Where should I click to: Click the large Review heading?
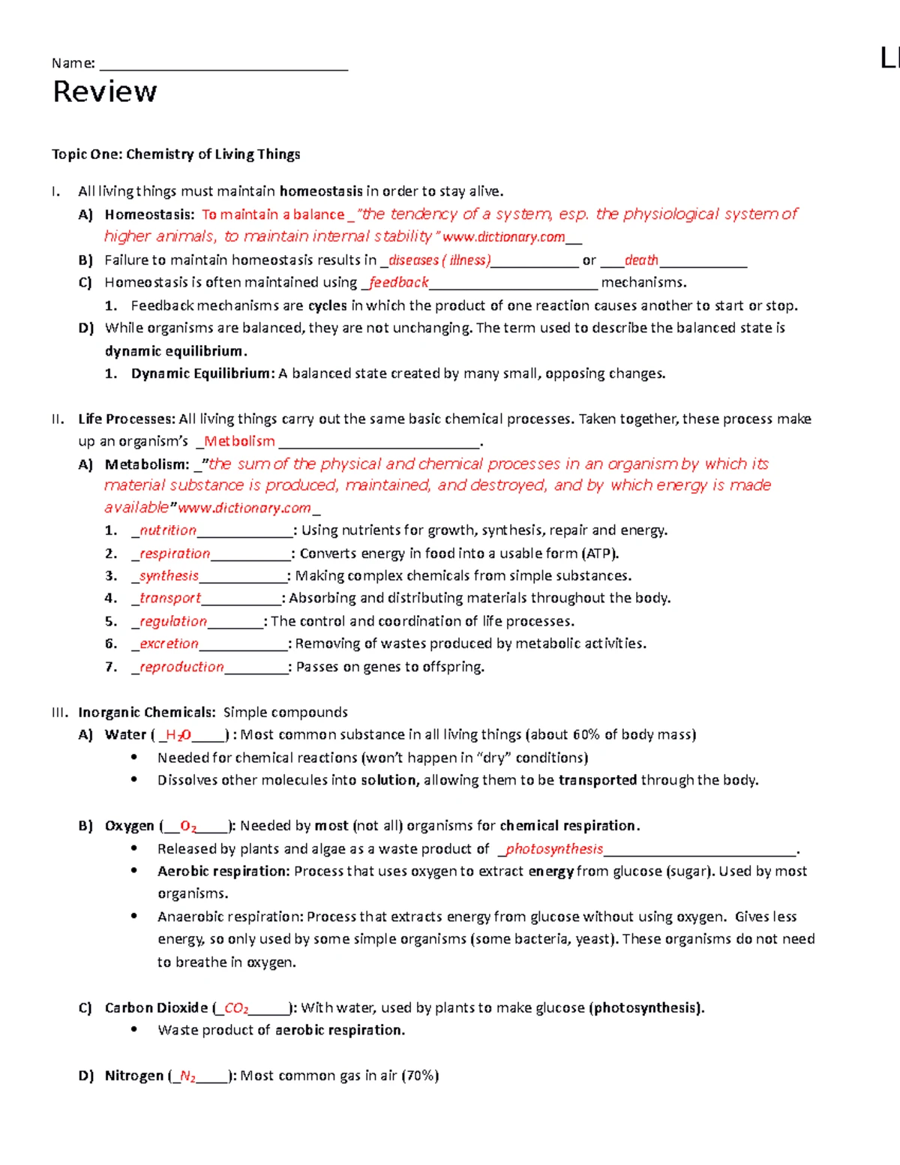(105, 92)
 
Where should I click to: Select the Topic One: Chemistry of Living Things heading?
(175, 155)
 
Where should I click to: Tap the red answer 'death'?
(641, 260)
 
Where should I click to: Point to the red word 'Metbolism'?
(239, 442)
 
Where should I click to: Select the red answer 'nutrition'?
(167, 530)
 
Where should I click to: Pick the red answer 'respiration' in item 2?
(174, 554)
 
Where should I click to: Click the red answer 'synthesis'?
(169, 576)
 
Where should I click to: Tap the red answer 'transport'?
(169, 599)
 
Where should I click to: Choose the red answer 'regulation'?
(172, 622)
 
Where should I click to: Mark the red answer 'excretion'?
(169, 644)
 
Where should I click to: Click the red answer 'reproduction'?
(181, 667)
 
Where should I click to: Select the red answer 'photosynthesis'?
(553, 849)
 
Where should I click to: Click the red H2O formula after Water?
(178, 736)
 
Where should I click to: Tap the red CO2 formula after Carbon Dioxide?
(236, 1009)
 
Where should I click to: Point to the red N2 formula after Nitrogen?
(187, 1077)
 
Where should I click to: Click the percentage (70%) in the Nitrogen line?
(420, 1076)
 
